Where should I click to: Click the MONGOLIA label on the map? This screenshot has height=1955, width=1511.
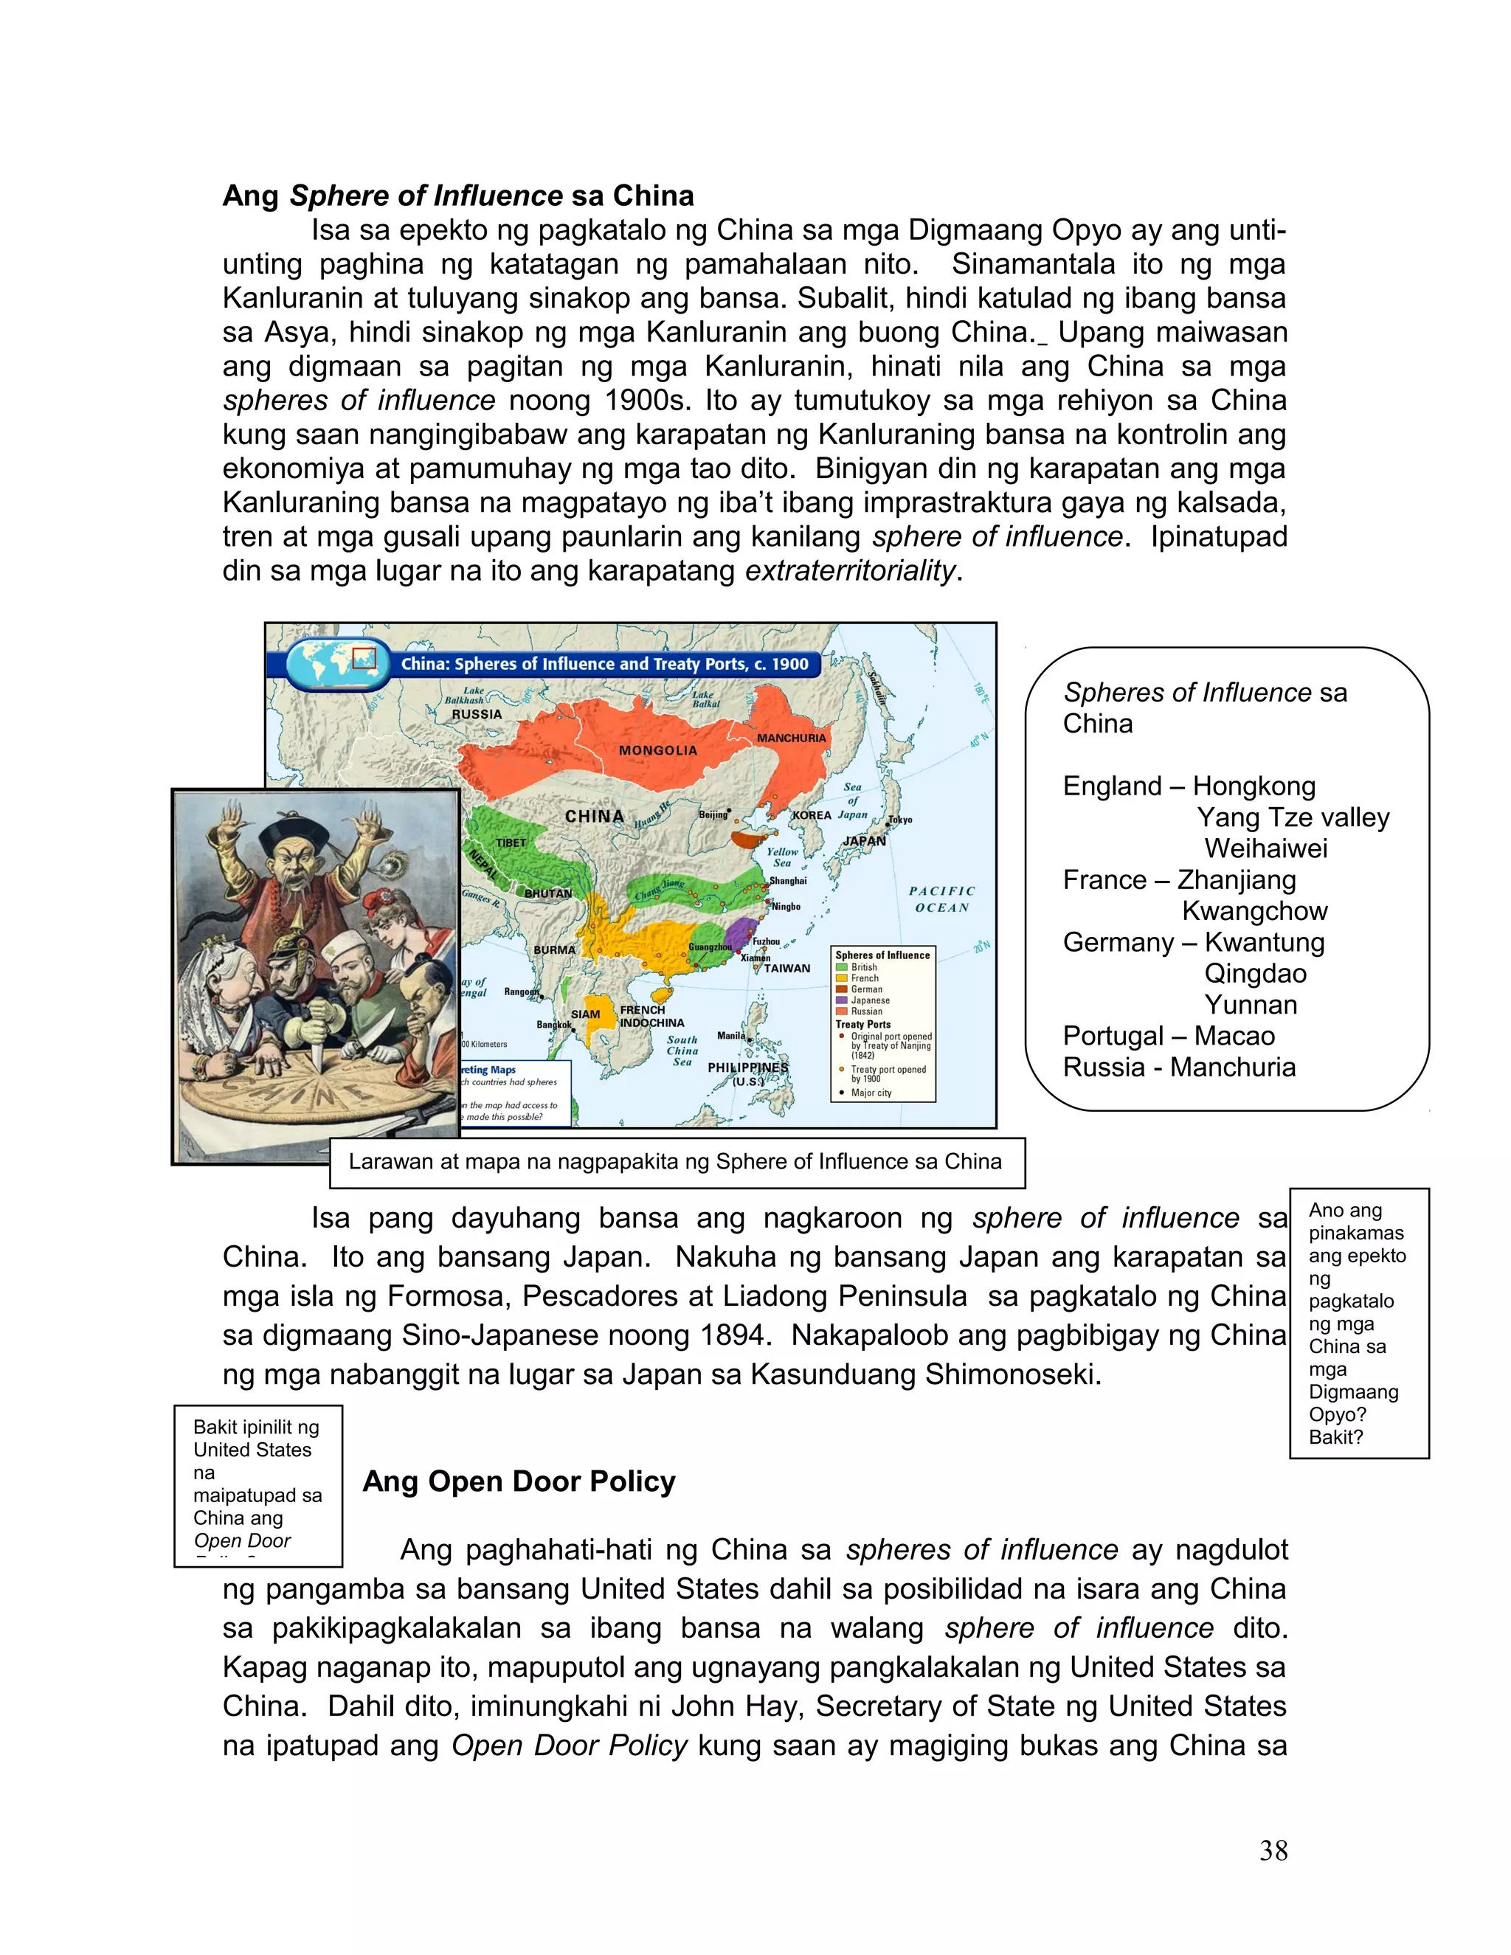(x=658, y=750)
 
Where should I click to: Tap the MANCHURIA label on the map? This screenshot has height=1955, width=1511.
(x=792, y=738)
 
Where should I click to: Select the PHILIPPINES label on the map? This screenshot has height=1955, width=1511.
(x=747, y=1068)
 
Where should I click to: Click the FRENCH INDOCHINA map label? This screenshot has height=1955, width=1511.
(x=651, y=1016)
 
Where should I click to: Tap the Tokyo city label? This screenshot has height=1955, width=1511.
(x=899, y=820)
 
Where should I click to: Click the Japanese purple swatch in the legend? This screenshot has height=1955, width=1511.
(x=841, y=1000)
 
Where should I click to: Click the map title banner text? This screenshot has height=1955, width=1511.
(x=604, y=664)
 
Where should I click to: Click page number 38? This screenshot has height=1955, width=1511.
(x=1273, y=1850)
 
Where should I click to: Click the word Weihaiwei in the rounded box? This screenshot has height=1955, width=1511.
(x=1266, y=848)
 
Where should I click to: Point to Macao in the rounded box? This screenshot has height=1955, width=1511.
(x=1234, y=1036)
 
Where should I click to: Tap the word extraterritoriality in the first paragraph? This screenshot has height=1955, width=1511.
(x=851, y=570)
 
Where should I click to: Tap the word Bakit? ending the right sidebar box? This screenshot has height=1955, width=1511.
(x=1335, y=1436)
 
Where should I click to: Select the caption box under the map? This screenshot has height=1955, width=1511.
(x=677, y=1162)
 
